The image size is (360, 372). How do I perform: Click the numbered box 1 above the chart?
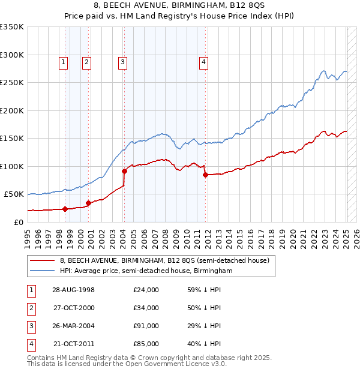click(x=64, y=61)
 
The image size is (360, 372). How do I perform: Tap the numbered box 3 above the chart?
click(x=122, y=61)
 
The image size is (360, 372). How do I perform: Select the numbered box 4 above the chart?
click(x=204, y=61)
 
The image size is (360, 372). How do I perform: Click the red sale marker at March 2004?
click(x=124, y=171)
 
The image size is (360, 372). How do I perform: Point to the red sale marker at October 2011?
click(x=205, y=175)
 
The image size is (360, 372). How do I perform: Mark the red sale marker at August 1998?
click(x=65, y=209)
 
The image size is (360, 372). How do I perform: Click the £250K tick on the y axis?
click(x=12, y=83)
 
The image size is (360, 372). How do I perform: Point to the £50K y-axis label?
click(x=14, y=194)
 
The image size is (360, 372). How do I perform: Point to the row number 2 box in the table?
click(x=31, y=308)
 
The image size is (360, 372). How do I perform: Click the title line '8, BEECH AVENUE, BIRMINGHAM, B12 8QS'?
click(x=180, y=7)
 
